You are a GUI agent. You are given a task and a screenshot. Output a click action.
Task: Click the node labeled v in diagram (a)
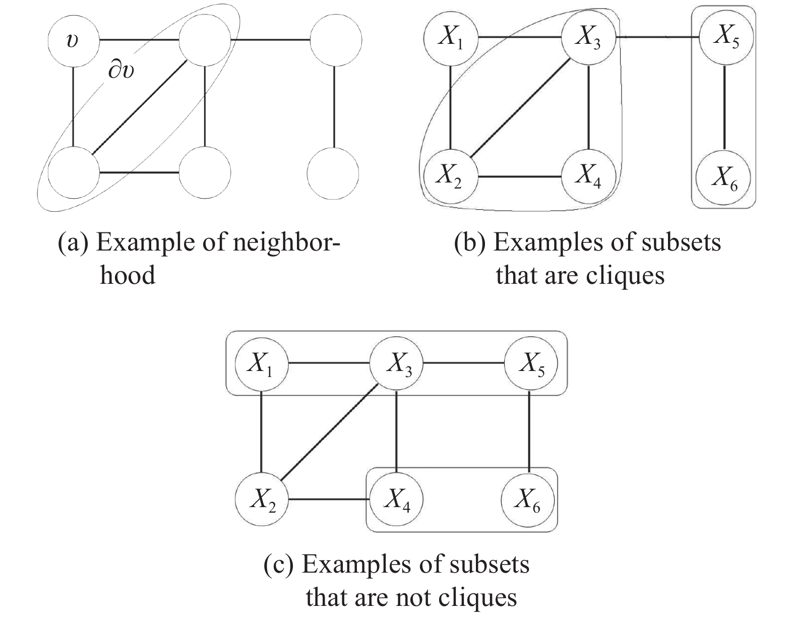[74, 40]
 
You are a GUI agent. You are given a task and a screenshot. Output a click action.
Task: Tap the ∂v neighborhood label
[121, 72]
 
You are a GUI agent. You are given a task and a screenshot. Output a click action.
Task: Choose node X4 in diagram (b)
[589, 177]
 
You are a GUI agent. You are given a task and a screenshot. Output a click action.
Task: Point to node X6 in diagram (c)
[528, 501]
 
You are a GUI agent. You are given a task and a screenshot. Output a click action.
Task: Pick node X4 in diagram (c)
[397, 501]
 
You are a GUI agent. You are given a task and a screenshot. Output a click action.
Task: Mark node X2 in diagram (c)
[261, 501]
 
